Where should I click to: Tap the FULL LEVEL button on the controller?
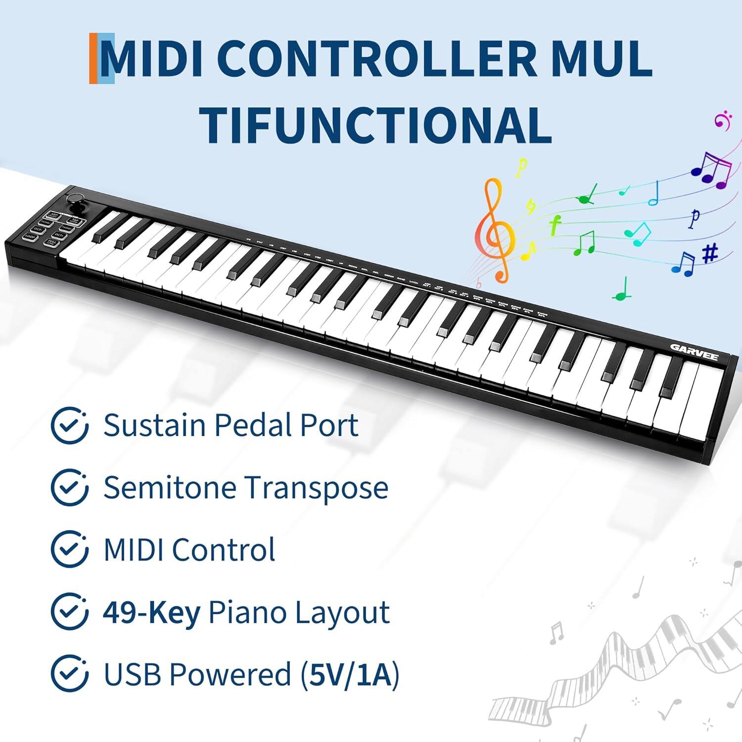pyautogui.click(x=51, y=243)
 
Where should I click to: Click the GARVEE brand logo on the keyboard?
pyautogui.click(x=694, y=352)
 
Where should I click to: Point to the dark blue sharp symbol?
pyautogui.click(x=710, y=254)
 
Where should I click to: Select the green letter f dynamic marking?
pyautogui.click(x=555, y=225)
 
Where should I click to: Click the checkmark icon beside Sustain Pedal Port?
pyautogui.click(x=70, y=425)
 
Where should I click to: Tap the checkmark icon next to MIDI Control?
pyautogui.click(x=70, y=549)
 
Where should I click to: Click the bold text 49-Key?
pyautogui.click(x=151, y=612)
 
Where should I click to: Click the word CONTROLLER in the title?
pyautogui.click(x=376, y=58)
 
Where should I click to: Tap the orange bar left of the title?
pyautogui.click(x=93, y=58)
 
